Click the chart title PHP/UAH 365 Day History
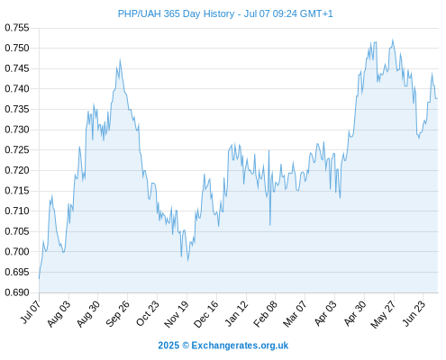tap(176, 13)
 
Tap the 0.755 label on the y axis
tap(17, 28)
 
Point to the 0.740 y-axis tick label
tap(17, 89)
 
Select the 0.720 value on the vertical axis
tap(17, 170)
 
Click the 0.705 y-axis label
tap(17, 231)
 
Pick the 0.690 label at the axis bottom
tap(17, 292)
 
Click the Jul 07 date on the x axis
tap(30, 312)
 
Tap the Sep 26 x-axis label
tap(118, 313)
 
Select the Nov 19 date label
tap(177, 314)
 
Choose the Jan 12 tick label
tap(237, 313)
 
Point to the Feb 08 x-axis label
tap(266, 313)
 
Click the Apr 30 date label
tap(355, 313)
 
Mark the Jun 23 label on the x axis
tap(414, 313)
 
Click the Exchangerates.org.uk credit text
tap(240, 346)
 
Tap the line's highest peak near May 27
tap(393, 40)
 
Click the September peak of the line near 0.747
tap(120, 59)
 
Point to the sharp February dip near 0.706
tap(270, 225)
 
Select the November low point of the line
tap(188, 261)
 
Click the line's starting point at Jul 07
tap(39, 279)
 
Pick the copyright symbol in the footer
tap(186, 346)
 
